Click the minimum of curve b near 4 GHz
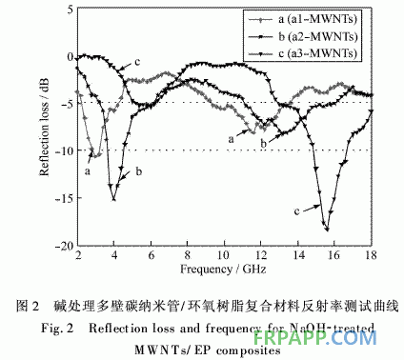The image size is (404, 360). coord(114,198)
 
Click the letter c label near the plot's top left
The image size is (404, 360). coord(137,63)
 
